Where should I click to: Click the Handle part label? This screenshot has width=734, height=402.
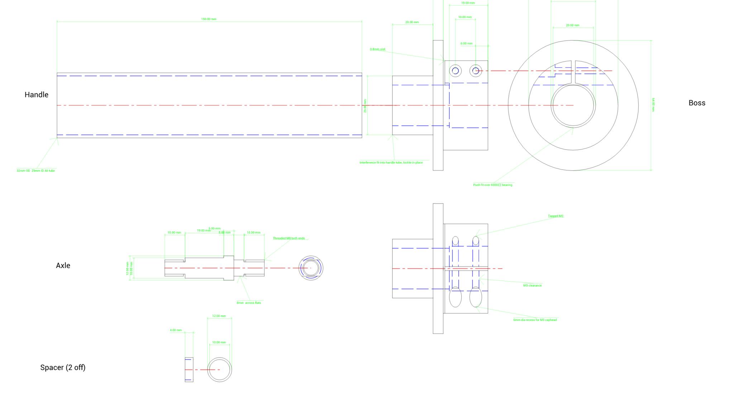(x=36, y=95)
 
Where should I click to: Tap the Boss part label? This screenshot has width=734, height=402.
(x=697, y=103)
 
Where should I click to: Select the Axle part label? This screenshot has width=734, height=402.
(x=63, y=265)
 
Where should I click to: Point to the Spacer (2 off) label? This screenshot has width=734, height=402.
(x=63, y=367)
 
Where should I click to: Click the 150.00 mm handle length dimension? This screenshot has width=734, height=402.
(x=209, y=19)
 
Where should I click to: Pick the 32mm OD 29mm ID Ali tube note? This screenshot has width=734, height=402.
(x=35, y=171)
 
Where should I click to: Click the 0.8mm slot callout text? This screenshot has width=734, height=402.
(x=377, y=49)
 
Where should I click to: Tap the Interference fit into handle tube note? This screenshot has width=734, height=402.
(x=391, y=162)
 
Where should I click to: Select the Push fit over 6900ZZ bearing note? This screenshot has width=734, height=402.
(x=492, y=185)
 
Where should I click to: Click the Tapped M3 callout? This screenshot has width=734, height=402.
(x=556, y=216)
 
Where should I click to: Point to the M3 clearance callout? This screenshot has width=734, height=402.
(x=532, y=286)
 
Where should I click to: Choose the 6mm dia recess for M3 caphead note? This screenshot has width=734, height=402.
(x=535, y=320)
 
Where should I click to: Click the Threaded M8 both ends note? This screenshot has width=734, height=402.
(x=289, y=238)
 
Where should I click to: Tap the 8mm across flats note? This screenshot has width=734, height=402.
(x=249, y=303)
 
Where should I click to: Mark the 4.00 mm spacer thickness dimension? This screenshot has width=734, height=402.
(x=176, y=330)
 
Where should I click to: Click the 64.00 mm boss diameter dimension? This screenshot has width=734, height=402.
(x=653, y=105)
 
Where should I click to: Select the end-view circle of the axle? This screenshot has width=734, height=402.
(x=311, y=268)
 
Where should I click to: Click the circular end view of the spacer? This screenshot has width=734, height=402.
(x=219, y=369)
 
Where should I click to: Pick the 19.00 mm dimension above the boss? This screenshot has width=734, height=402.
(x=468, y=3)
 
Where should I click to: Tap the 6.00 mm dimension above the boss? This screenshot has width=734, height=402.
(x=466, y=43)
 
